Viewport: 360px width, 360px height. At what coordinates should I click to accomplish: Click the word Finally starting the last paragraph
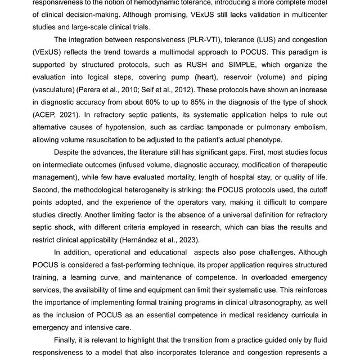point(68,340)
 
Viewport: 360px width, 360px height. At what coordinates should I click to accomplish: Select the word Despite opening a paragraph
point(70,152)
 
